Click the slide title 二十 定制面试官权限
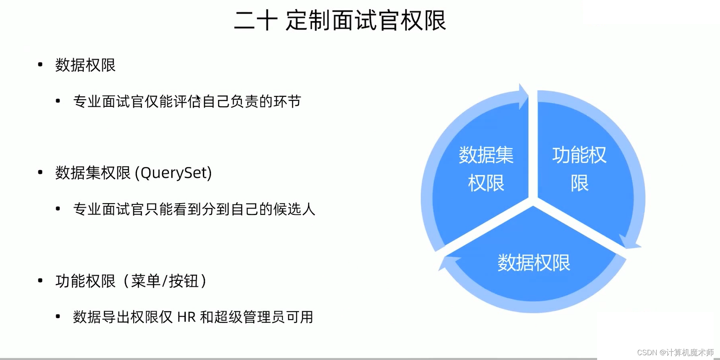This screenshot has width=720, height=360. pos(340,21)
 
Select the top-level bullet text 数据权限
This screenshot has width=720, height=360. pos(85,65)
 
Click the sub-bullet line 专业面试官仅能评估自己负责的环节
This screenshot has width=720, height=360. pos(187,102)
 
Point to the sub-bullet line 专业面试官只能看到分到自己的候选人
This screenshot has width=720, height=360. pos(194,209)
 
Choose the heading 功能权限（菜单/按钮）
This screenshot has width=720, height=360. pos(131,281)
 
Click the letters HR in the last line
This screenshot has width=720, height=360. pos(186,317)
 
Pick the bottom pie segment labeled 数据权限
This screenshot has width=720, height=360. pos(533,263)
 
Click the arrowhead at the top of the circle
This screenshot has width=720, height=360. pos(523,96)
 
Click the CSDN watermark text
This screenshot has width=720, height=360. pos(675,352)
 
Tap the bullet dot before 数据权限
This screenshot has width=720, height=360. pos(40,64)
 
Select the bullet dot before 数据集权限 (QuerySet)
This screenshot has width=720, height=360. pos(40,172)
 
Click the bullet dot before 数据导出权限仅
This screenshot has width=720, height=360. pos(58,316)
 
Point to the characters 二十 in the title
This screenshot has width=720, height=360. pos(256,21)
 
